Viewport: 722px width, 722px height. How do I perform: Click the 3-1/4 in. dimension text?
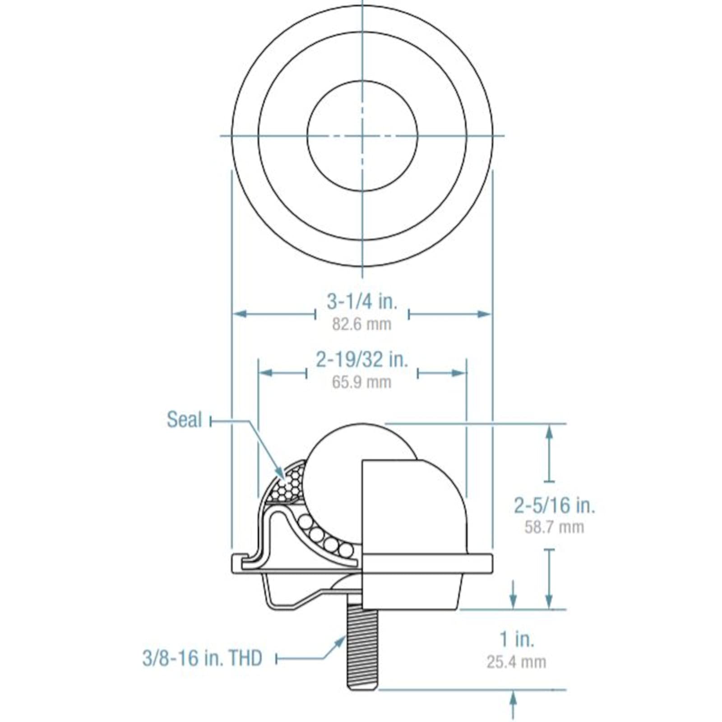pos(362,301)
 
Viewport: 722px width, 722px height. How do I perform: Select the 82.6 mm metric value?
pos(362,324)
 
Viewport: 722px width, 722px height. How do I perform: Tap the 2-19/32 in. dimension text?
pos(362,360)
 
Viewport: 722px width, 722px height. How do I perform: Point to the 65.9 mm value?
pos(362,382)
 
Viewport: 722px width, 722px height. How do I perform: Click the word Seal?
pos(184,420)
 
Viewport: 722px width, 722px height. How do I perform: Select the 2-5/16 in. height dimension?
pos(555,505)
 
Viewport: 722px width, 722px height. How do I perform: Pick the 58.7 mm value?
pos(555,527)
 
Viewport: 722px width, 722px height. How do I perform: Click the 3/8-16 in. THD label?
pos(202,658)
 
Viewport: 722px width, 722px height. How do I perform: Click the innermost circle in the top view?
pos(362,135)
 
